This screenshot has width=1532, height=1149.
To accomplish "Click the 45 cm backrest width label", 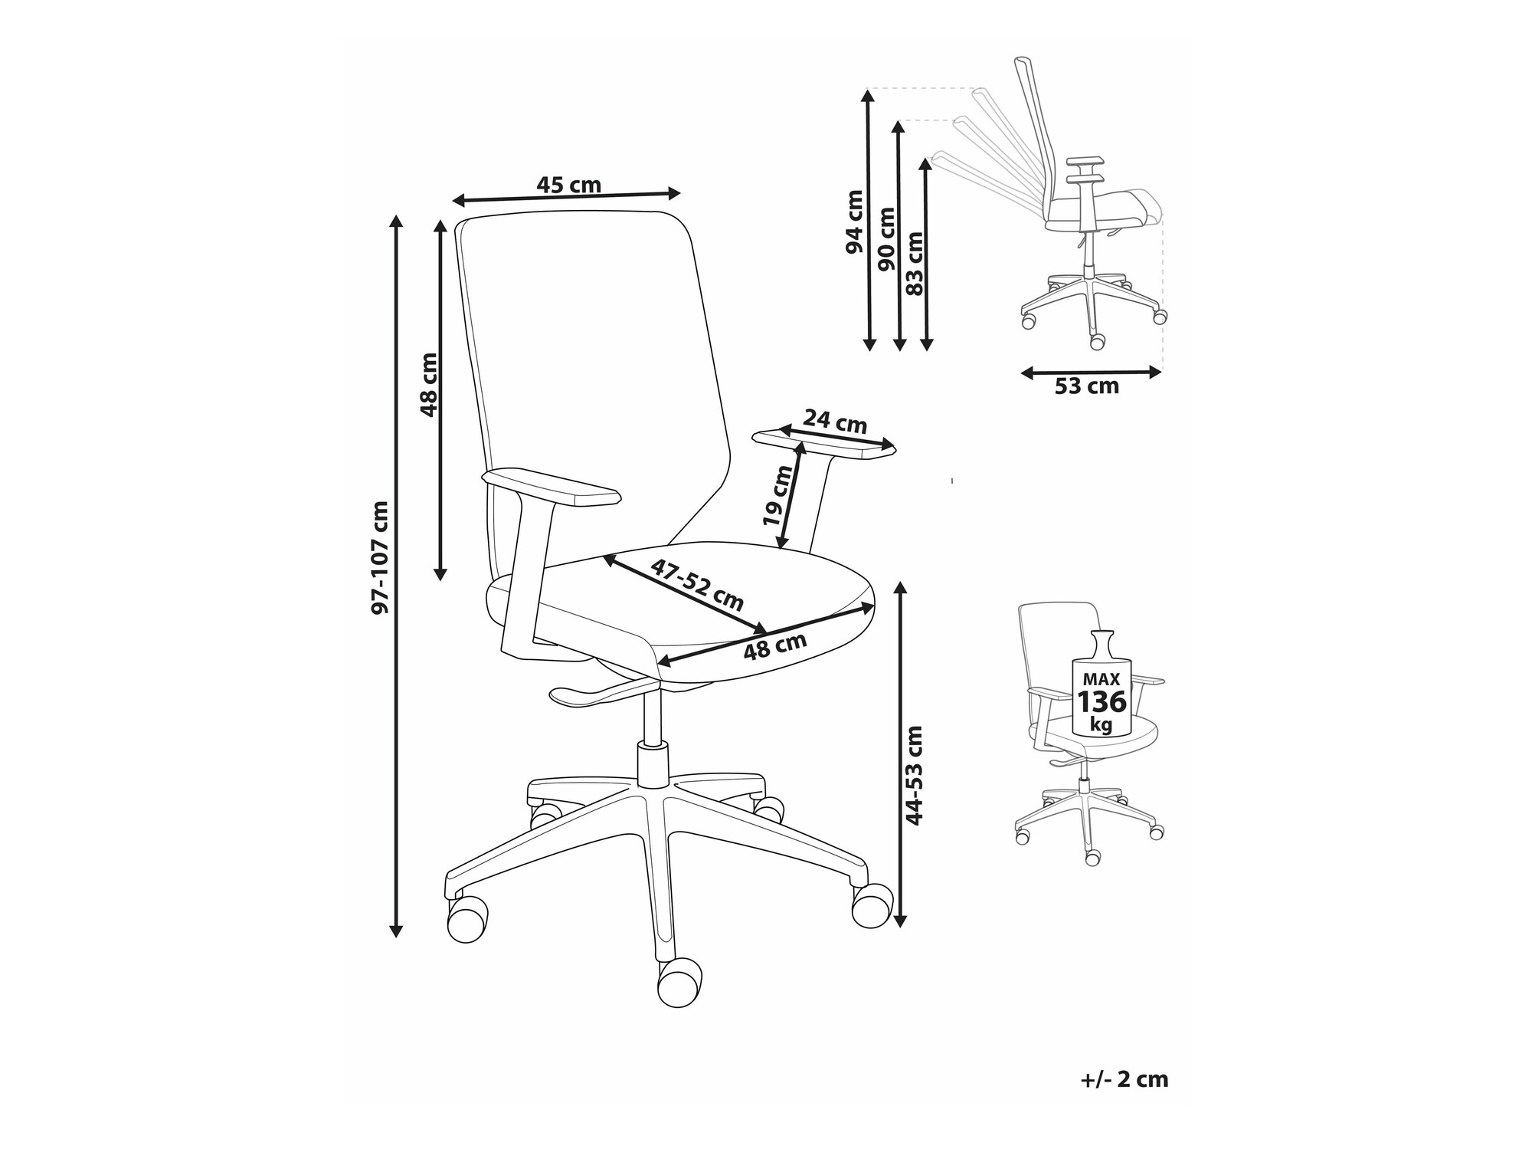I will (568, 185).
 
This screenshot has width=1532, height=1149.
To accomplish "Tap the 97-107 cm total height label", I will (380, 557).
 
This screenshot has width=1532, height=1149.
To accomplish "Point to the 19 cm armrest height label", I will (780, 495).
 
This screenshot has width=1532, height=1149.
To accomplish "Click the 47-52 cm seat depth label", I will (697, 584).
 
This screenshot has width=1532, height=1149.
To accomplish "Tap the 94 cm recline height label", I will (854, 222).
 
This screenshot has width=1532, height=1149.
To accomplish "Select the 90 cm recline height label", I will (886, 238).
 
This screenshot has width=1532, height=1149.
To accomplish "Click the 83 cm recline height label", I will (915, 263).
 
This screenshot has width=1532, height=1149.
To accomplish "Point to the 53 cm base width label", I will (1087, 386).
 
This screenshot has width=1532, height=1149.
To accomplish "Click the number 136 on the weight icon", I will (1102, 702).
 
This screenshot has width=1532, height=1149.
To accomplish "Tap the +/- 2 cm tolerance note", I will (1124, 1080).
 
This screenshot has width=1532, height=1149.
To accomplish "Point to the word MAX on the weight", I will (1101, 679).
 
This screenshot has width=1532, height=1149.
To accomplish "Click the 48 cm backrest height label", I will (429, 385).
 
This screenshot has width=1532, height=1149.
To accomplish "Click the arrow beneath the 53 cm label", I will (1091, 373).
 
